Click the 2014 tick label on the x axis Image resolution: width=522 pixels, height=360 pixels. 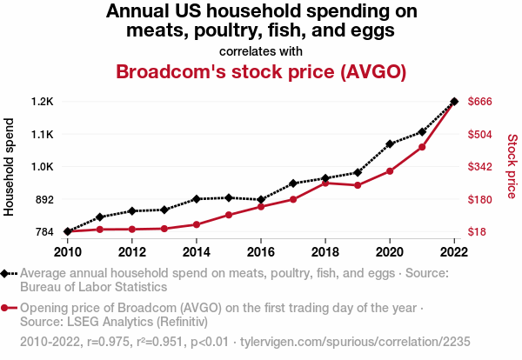click(197, 252)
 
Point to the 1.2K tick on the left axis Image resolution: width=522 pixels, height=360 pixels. click(42, 102)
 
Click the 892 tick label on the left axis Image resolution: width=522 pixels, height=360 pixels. click(44, 199)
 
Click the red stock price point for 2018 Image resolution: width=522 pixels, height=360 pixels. click(325, 183)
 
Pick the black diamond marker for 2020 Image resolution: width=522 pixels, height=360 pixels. click(390, 143)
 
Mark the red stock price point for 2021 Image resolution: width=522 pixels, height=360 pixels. click(422, 147)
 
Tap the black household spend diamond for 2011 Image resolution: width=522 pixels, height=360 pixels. click(100, 217)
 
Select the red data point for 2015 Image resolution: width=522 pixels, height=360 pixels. click(229, 215)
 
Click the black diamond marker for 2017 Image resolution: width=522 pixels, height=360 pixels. click(293, 183)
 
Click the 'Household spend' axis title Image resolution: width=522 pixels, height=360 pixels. click(10, 166)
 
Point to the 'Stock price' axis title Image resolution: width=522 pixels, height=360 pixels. click(512, 166)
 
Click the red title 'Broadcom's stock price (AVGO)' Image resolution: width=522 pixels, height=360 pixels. click(261, 71)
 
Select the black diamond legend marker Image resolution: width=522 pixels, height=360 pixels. click(7, 273)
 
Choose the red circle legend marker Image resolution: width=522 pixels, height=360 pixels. click(7, 307)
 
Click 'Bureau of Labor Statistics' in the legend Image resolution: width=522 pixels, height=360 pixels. click(93, 286)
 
